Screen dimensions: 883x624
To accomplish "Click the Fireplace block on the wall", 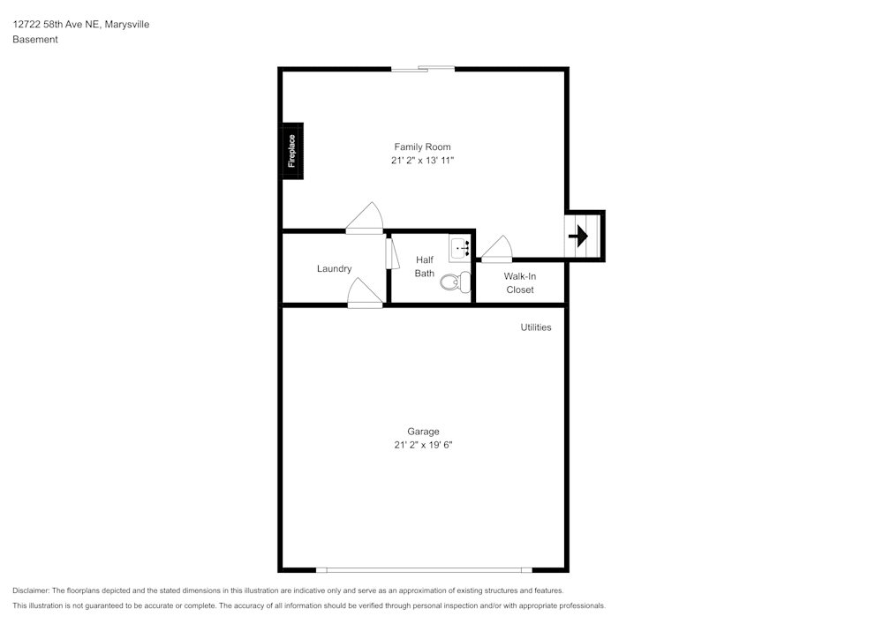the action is (291, 151).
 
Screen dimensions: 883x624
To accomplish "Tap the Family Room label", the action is (422, 147).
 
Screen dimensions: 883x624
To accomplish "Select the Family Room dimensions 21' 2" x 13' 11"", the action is (422, 161).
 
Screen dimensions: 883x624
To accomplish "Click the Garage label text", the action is (423, 432).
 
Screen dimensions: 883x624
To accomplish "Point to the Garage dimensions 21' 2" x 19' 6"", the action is (423, 445).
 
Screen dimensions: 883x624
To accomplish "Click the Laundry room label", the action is (334, 269).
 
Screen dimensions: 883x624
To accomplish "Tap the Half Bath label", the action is (425, 267).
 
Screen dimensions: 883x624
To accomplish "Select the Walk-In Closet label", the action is (520, 283).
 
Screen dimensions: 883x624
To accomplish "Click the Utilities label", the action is (536, 327).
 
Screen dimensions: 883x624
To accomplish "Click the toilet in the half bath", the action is (456, 282).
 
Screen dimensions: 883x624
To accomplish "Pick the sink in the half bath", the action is (459, 248).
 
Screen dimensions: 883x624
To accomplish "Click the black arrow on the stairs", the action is (578, 237).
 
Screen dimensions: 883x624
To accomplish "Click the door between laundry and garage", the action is (365, 293).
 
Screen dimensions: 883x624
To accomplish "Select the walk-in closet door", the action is (496, 249).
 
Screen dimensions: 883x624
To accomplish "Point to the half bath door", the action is (392, 254).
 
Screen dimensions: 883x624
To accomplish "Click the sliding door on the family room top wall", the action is (423, 69).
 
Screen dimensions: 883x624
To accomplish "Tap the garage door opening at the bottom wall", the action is (424, 570).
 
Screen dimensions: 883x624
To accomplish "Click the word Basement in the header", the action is (35, 40).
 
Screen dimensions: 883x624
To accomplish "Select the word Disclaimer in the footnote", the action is (31, 590).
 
